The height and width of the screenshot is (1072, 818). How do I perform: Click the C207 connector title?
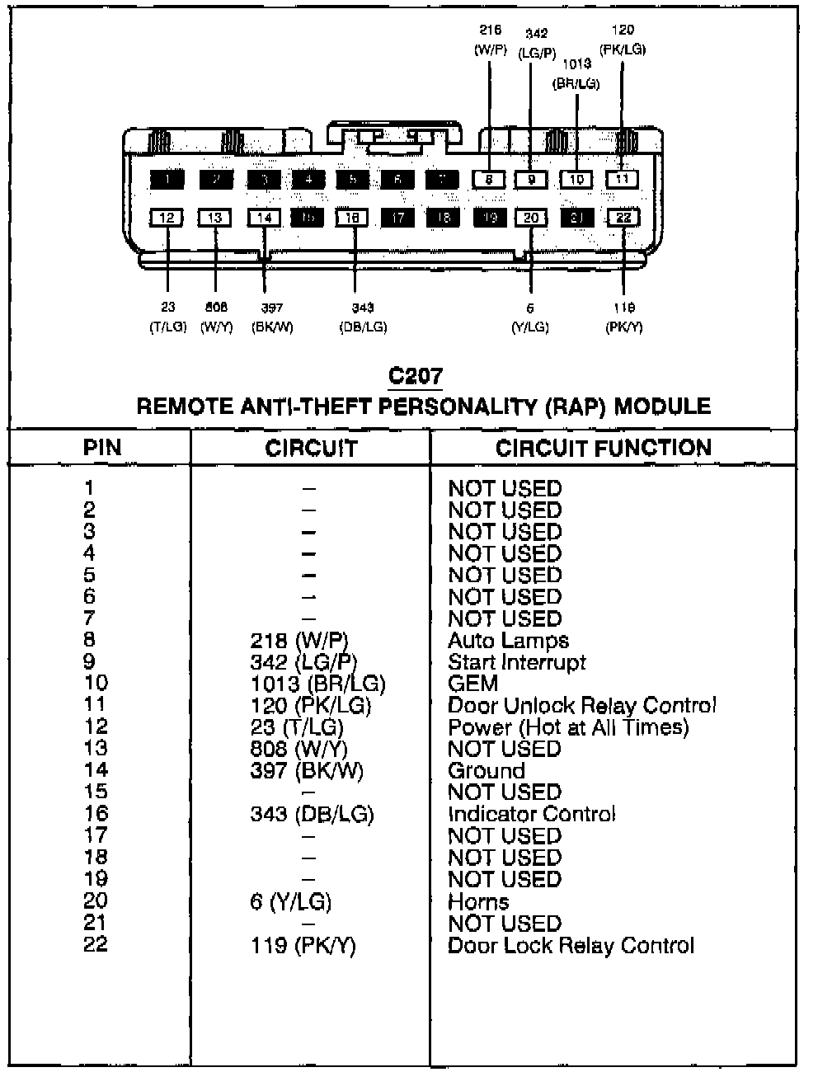[416, 377]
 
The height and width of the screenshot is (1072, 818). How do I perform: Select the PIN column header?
[102, 448]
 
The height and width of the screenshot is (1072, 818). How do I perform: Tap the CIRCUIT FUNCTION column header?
[603, 448]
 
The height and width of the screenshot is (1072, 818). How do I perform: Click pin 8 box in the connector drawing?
[489, 179]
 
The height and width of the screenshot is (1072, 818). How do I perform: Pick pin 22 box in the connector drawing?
[623, 218]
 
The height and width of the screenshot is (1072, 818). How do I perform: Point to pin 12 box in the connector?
[167, 218]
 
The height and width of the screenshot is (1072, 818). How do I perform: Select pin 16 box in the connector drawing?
[353, 218]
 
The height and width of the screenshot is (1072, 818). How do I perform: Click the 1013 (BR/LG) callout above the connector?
[576, 73]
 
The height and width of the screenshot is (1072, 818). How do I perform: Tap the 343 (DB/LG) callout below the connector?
[363, 317]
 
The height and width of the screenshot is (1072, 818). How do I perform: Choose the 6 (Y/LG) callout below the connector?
[530, 317]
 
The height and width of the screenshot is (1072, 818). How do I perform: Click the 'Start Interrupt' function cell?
[516, 661]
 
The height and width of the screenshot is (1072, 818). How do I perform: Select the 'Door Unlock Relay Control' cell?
[581, 705]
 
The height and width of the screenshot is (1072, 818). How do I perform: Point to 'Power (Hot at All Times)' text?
[567, 726]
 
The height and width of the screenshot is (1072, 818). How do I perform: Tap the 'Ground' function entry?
[486, 770]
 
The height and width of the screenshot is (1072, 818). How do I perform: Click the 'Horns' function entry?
[478, 901]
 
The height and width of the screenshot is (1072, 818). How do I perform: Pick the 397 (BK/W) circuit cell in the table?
[307, 770]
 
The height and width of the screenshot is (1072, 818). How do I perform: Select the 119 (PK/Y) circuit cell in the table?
[303, 945]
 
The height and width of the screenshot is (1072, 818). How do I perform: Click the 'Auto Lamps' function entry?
[508, 640]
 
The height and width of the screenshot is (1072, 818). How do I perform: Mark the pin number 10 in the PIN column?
[96, 683]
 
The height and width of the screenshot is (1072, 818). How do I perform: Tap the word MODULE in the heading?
[662, 406]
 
